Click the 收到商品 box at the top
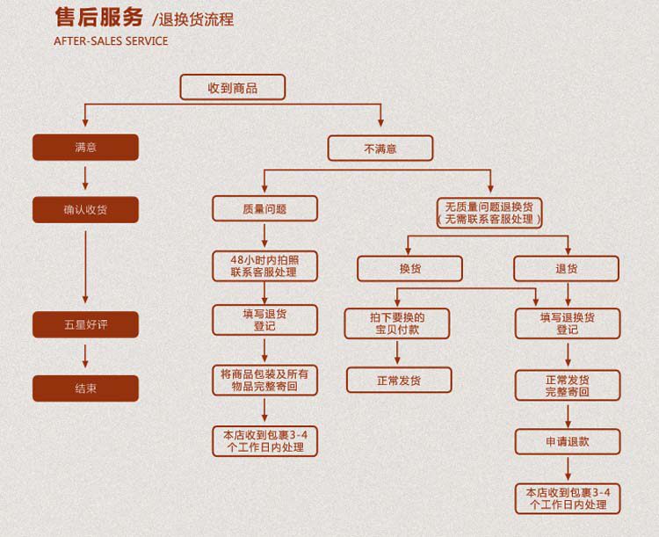(x=233, y=88)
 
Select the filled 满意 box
(x=86, y=147)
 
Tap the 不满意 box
(x=380, y=149)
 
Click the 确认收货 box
(x=86, y=209)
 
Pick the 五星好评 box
(x=86, y=324)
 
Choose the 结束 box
(x=86, y=388)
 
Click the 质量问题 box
(x=264, y=208)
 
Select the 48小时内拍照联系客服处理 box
(x=264, y=266)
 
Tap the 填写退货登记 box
(x=264, y=320)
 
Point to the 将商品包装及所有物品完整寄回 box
(x=264, y=381)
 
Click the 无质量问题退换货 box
(x=489, y=214)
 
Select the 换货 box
(x=409, y=269)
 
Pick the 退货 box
(x=567, y=269)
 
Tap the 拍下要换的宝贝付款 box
(x=397, y=323)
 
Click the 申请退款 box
(x=568, y=441)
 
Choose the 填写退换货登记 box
(x=568, y=323)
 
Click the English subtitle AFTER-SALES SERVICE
(x=111, y=41)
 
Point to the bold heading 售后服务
(x=99, y=18)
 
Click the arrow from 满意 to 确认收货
(x=85, y=178)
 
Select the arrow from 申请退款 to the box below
(x=568, y=468)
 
